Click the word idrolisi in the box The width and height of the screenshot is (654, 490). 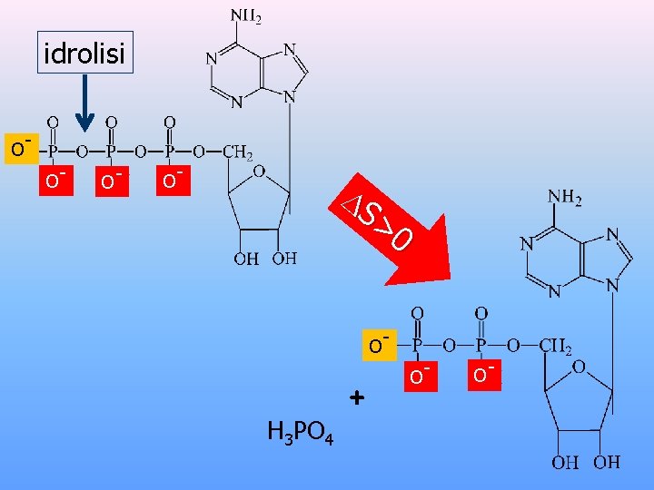pos(84,54)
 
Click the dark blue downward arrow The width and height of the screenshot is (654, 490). pos(84,105)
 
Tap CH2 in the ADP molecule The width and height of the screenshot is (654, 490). pos(554,345)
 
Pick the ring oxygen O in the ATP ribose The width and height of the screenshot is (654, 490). pos(259,171)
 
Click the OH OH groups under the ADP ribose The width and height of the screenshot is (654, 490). pos(586,462)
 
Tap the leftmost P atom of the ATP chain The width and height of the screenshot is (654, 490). pos(53,152)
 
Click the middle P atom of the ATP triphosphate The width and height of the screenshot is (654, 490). pos(111,152)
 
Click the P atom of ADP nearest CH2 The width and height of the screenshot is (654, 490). pos(482,345)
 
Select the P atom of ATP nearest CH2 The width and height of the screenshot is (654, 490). pos(170,152)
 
